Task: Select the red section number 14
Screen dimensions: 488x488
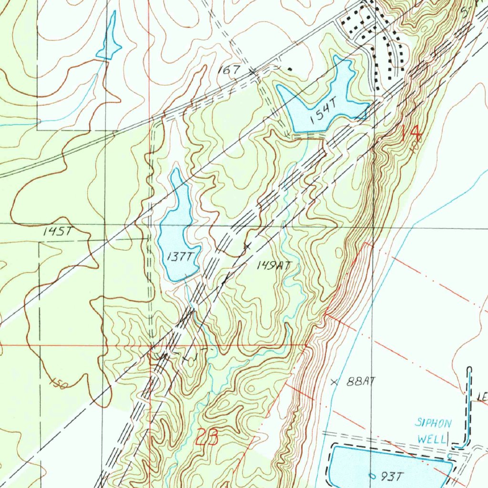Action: click(x=411, y=132)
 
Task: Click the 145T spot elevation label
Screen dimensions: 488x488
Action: click(x=57, y=232)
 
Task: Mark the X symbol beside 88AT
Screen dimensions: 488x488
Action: click(x=334, y=381)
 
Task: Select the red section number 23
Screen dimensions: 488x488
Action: click(x=208, y=437)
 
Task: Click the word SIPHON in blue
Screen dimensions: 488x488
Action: click(x=433, y=423)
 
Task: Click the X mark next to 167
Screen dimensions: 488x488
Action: click(x=252, y=71)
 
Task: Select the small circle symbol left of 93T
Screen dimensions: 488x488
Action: click(x=372, y=475)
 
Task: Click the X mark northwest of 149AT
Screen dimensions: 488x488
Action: click(x=247, y=246)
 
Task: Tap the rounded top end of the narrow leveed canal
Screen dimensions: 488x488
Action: click(x=470, y=369)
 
